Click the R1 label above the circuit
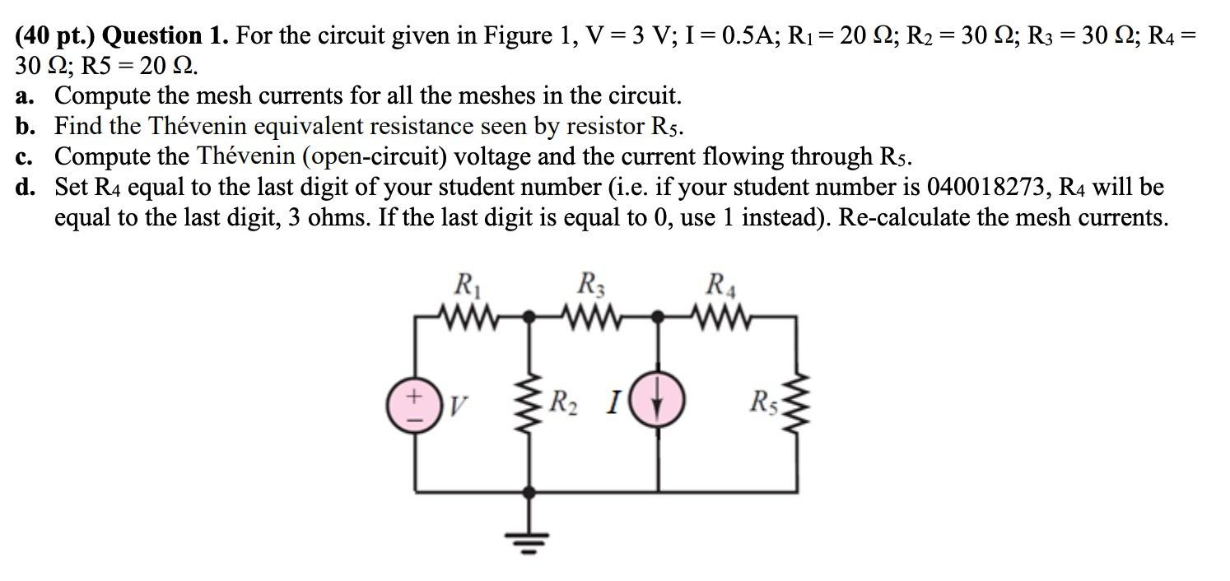pyautogui.click(x=466, y=286)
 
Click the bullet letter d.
pyautogui.click(x=25, y=188)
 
